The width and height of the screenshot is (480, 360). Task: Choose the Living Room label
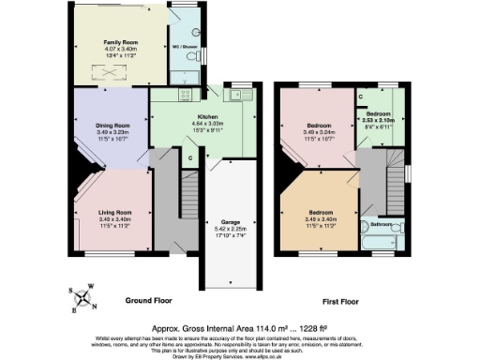[x=114, y=212]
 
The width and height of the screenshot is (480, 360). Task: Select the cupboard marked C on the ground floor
[x=189, y=158]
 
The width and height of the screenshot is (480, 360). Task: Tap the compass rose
[x=84, y=299]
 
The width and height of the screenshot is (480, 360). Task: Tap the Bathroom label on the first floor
[x=381, y=224]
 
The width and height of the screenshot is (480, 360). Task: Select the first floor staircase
[x=372, y=178]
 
